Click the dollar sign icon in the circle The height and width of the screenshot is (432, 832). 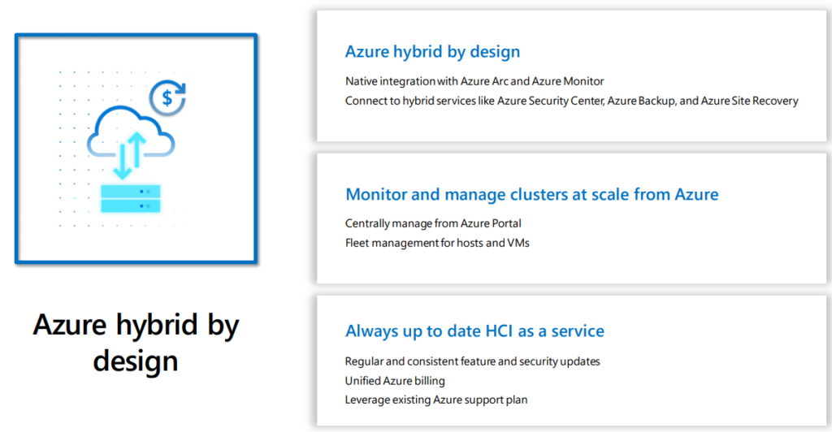coord(167,97)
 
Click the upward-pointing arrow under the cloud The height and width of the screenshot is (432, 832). coord(136,149)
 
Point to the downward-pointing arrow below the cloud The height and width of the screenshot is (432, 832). coord(123,161)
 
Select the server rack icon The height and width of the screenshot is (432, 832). coord(131,199)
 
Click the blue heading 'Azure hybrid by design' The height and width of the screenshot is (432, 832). coord(432,51)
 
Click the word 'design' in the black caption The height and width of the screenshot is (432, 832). coord(136,361)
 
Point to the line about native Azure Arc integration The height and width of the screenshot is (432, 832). coord(474,81)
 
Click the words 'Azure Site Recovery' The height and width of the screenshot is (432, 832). coord(749,101)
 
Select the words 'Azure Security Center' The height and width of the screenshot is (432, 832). coord(551,101)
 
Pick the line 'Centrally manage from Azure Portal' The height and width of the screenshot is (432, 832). coord(433,223)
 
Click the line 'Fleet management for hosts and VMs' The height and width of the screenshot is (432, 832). coord(437,243)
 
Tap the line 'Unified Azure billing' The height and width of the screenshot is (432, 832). coord(395,381)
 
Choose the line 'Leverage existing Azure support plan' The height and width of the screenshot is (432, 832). coord(436,400)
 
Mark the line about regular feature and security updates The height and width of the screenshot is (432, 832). coord(472,361)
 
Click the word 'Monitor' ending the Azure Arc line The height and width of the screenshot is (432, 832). coord(583,81)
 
